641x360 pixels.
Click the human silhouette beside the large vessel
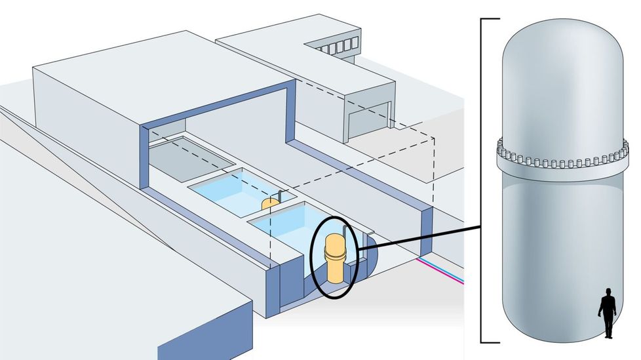(x=608, y=313)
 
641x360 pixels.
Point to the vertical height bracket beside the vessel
(x=482, y=180)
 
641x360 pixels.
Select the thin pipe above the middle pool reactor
(x=278, y=195)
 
